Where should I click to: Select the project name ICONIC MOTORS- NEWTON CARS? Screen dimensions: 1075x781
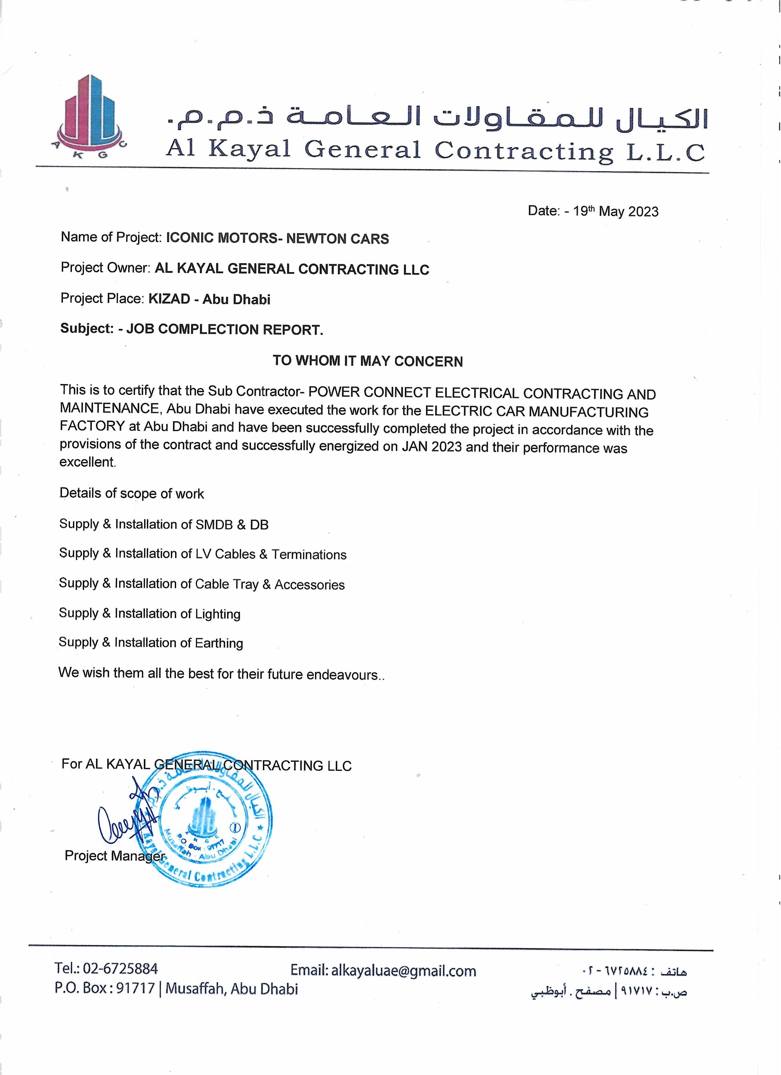click(x=277, y=238)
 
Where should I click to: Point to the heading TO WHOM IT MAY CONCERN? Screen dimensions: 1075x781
click(x=367, y=361)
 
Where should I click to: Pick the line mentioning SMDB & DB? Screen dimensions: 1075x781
click(x=164, y=524)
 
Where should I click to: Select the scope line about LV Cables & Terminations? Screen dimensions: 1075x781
click(x=202, y=554)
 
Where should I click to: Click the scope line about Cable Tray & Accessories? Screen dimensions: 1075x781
click(x=202, y=584)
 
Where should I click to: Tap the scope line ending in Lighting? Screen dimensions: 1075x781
click(x=149, y=614)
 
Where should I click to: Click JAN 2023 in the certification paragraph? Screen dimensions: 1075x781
click(x=432, y=447)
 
